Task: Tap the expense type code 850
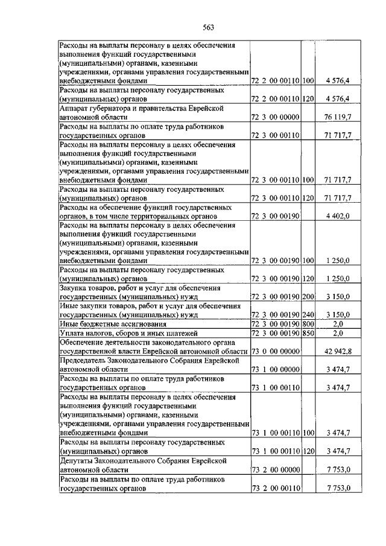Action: [x=308, y=333]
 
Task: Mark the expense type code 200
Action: [x=308, y=296]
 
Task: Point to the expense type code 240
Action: [x=308, y=314]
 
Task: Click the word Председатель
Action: [x=84, y=361]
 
